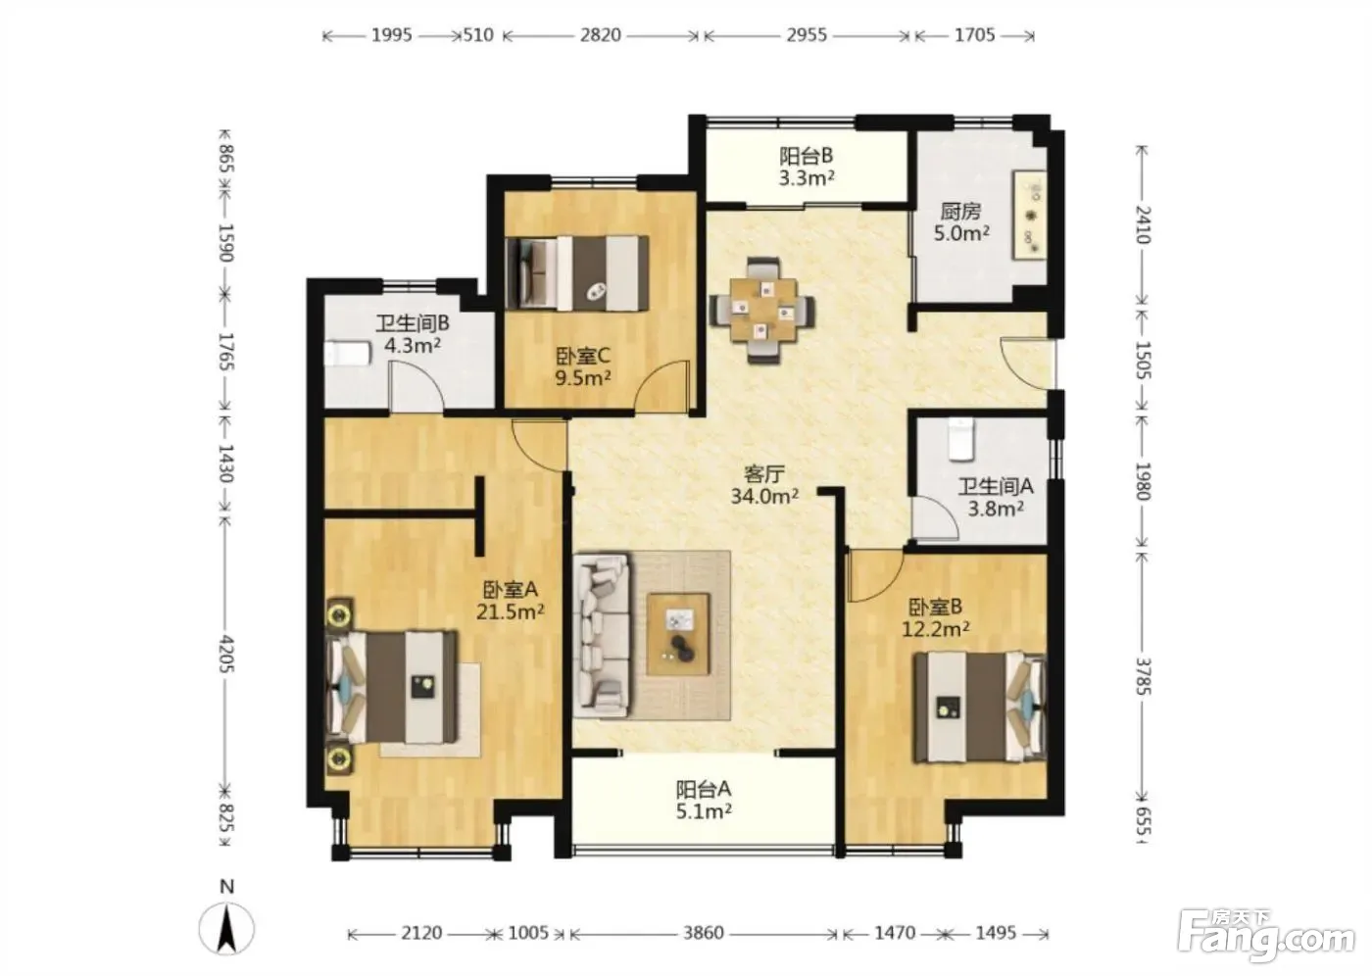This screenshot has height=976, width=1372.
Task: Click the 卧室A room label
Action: click(511, 590)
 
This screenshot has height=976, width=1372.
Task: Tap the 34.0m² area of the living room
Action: click(764, 496)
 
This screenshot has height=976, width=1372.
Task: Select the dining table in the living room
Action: click(762, 311)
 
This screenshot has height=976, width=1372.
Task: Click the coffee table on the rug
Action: click(678, 634)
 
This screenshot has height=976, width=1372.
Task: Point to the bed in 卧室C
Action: click(578, 273)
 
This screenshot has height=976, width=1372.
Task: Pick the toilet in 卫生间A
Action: click(960, 439)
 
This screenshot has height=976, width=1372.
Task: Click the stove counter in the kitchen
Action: click(1029, 215)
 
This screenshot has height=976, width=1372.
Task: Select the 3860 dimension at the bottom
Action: click(704, 933)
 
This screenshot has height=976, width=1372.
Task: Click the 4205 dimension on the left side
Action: click(226, 654)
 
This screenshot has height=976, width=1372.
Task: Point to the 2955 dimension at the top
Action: click(807, 35)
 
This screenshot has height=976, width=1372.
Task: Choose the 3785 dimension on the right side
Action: click(1143, 676)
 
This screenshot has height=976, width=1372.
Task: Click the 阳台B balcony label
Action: click(806, 156)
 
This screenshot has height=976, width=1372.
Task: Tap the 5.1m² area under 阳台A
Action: click(704, 811)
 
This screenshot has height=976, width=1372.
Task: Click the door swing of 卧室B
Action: click(874, 575)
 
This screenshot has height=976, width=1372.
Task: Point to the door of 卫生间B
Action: click(416, 386)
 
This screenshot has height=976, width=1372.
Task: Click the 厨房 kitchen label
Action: click(961, 212)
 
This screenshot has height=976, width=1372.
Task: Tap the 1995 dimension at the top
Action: click(392, 35)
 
